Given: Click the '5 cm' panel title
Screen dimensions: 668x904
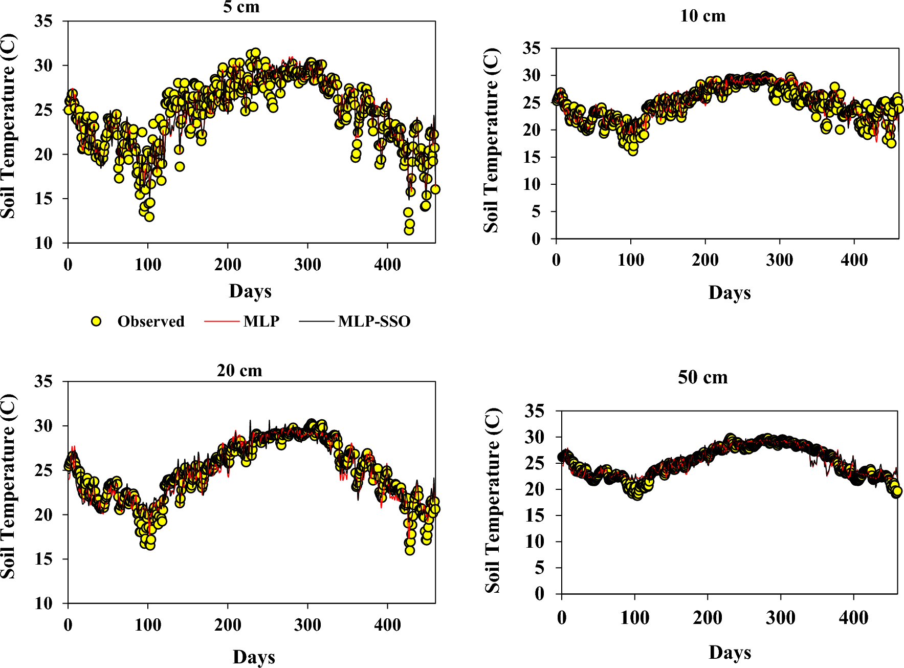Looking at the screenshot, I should tap(241, 7).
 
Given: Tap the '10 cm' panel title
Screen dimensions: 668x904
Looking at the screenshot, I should tap(702, 16).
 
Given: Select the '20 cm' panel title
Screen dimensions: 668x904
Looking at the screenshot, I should tap(239, 370).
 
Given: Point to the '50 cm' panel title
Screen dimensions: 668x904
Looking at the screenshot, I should tap(702, 377).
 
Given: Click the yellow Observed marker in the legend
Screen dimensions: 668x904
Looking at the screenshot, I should tap(96, 321).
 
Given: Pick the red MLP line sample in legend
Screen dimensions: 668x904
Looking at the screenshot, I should tap(222, 321).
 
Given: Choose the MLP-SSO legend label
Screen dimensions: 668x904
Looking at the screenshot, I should tap(374, 321).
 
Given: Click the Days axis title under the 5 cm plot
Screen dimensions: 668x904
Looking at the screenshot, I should tap(250, 291).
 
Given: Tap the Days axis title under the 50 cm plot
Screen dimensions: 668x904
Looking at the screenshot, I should tap(730, 652).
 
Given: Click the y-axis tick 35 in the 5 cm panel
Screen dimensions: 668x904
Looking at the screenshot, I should tap(43, 21).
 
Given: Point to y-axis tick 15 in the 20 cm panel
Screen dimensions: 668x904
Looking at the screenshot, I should tap(43, 558).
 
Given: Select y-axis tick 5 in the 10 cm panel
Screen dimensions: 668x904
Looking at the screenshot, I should tap(536, 211).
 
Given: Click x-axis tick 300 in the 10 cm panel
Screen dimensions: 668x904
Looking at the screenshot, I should tap(779, 260).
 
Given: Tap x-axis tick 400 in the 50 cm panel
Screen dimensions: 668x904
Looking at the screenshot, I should tap(853, 618).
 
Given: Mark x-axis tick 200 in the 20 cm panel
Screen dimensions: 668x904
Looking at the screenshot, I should tap(228, 624).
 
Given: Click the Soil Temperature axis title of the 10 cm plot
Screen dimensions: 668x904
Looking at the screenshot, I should tap(491, 140).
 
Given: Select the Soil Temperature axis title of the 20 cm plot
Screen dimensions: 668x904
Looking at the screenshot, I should tap(8, 486).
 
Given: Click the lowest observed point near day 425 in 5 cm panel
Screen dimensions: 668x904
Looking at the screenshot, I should tap(409, 230).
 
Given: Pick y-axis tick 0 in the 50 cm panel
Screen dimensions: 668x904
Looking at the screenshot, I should tap(539, 594).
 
